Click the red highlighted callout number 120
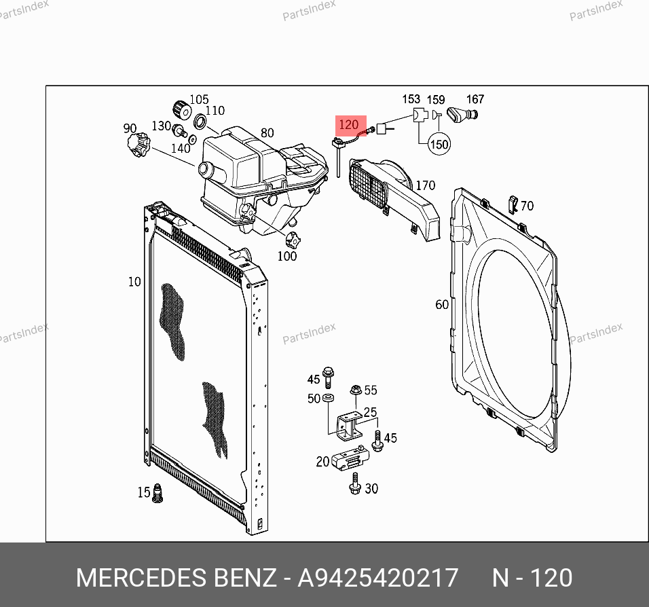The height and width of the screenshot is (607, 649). [348, 124]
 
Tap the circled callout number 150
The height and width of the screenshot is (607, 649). [439, 144]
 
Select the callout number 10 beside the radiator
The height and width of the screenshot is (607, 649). [134, 282]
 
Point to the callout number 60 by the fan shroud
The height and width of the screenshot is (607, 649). [442, 304]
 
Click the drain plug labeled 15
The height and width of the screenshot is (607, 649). [157, 493]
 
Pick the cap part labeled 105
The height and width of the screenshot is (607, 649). [182, 110]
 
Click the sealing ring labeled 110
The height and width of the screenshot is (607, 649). [200, 122]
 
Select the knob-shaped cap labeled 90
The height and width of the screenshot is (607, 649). [138, 145]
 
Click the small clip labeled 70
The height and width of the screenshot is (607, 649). [513, 204]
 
